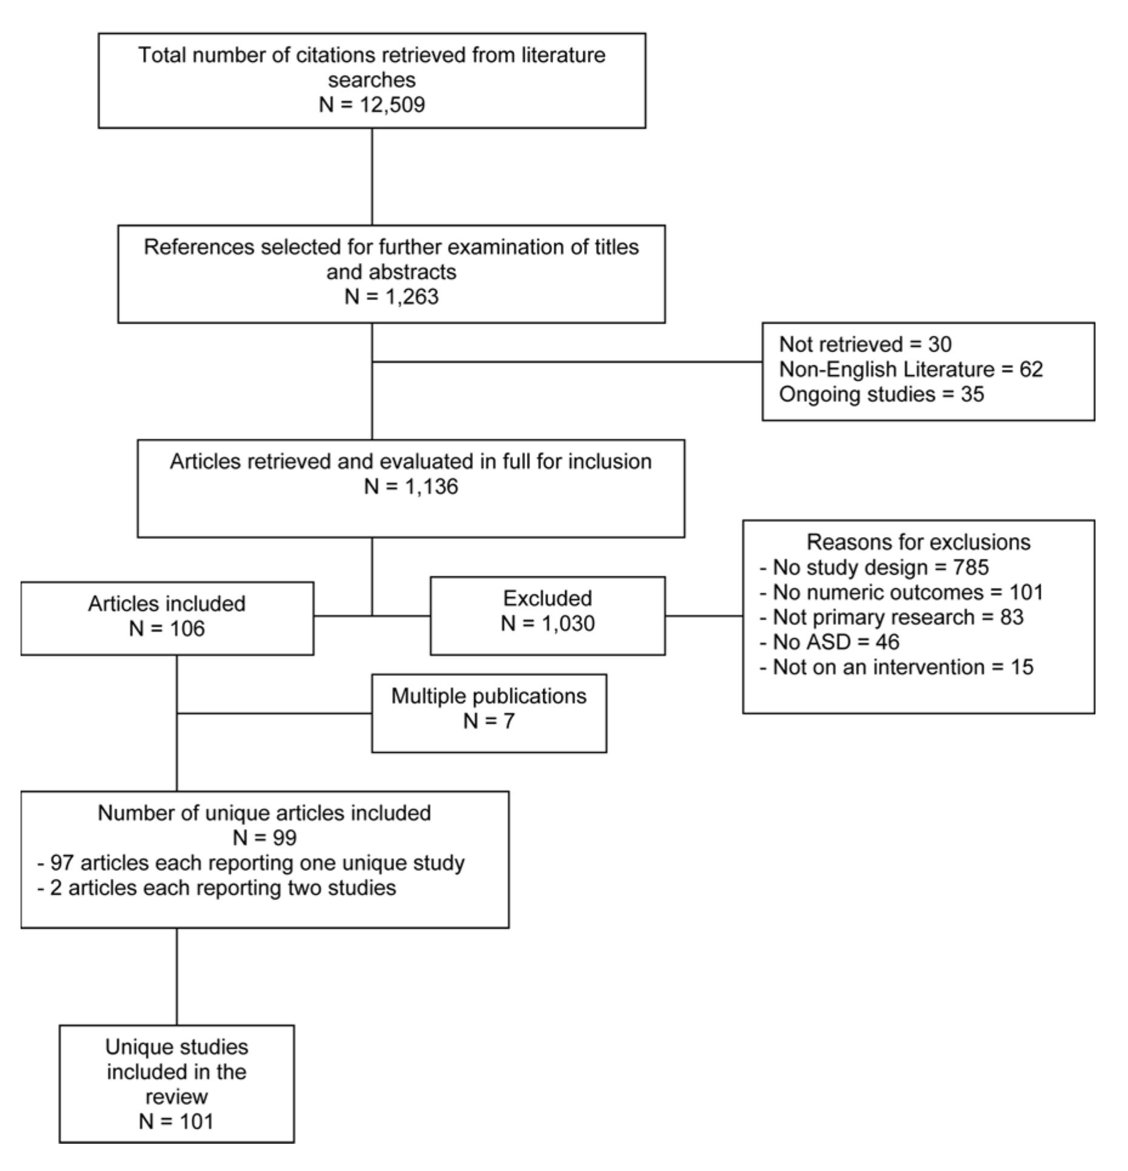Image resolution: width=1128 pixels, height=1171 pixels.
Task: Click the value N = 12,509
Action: click(x=372, y=104)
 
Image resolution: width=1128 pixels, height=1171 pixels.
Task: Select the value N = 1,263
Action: click(x=391, y=296)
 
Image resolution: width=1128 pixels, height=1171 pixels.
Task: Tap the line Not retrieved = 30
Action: click(x=865, y=344)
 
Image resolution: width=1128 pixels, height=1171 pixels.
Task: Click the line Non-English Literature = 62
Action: click(x=910, y=369)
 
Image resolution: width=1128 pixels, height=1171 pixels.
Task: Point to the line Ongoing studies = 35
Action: click(x=881, y=394)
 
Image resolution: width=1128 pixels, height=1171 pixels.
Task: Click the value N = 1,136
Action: click(x=411, y=486)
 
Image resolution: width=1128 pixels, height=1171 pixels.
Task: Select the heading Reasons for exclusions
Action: click(x=918, y=541)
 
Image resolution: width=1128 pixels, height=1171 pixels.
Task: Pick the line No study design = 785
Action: click(x=874, y=567)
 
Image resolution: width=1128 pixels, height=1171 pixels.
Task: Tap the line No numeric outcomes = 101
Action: click(x=901, y=592)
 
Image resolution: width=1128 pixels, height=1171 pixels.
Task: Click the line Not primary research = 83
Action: click(x=891, y=617)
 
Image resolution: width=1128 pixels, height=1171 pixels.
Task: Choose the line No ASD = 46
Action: click(x=829, y=642)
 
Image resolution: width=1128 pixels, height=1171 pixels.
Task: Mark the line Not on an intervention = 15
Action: click(x=896, y=667)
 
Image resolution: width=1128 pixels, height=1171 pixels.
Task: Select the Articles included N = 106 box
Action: click(x=167, y=618)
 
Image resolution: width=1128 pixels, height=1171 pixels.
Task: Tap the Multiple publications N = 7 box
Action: click(x=489, y=713)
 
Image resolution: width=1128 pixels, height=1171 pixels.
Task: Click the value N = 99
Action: click(x=264, y=838)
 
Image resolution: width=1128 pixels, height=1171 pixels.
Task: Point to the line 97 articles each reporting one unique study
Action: click(x=251, y=862)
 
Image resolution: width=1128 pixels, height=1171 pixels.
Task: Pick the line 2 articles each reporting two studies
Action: click(x=217, y=887)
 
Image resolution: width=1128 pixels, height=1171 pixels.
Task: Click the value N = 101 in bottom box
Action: click(x=176, y=1121)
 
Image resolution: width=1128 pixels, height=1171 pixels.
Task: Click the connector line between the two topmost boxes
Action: click(x=372, y=176)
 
